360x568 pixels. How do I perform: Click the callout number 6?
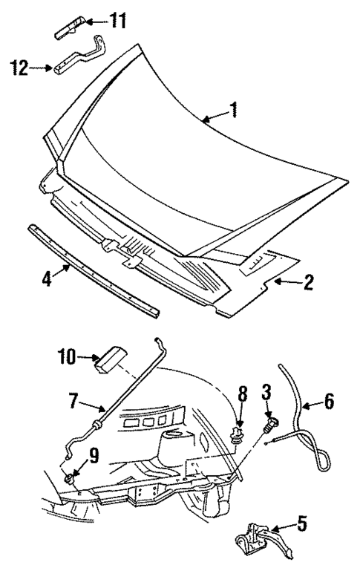pyautogui.click(x=330, y=402)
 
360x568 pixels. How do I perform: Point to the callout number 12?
pyautogui.click(x=21, y=69)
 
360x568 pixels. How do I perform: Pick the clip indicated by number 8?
pyautogui.click(x=238, y=431)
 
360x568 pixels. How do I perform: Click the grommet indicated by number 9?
pyautogui.click(x=71, y=477)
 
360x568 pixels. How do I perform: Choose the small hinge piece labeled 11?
pyautogui.click(x=68, y=27)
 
